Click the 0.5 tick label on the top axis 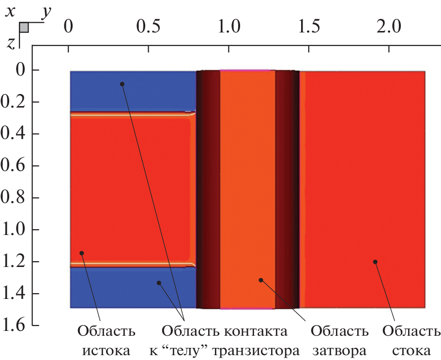tap(148, 26)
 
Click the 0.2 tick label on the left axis tap(16, 102)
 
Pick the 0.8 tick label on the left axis tap(16, 198)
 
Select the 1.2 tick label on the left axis tap(16, 262)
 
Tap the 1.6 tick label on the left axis tap(16, 326)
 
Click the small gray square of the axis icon tap(24, 28)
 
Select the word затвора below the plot tap(339, 350)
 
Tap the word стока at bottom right tap(411, 350)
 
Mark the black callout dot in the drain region tap(375, 262)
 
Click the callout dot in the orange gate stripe tap(260, 280)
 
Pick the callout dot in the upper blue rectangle tap(122, 84)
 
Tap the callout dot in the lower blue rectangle tap(158, 282)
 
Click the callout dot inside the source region tap(82, 253)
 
